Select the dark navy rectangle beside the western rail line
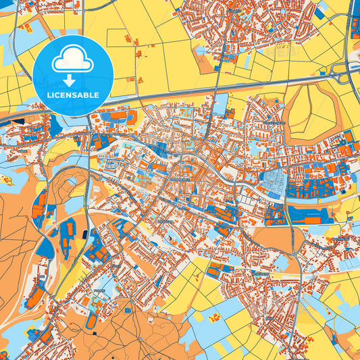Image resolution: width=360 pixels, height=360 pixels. pyautogui.click(x=84, y=234)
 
